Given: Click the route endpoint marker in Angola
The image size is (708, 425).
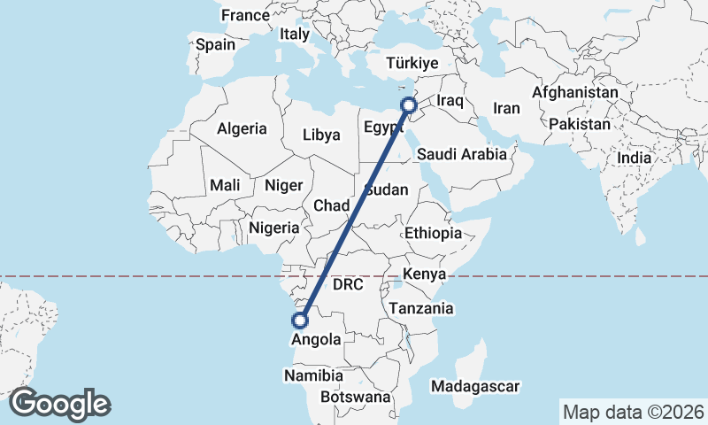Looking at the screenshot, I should [301, 321].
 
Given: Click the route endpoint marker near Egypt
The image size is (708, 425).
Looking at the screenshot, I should [410, 105].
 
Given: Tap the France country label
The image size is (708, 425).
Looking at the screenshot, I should [245, 15].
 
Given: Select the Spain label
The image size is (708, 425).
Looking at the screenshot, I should [216, 44].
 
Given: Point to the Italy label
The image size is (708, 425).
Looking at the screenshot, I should [295, 35].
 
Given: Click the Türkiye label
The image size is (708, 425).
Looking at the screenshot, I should [413, 63].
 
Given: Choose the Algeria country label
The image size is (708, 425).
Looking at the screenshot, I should [242, 128].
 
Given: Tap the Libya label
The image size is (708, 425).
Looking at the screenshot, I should [321, 135].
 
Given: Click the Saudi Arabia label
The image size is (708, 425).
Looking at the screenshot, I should [462, 154].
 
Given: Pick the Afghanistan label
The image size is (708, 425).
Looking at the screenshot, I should [575, 92].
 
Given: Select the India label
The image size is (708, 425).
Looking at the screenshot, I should [635, 158].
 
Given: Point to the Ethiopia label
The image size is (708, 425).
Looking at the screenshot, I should [433, 234].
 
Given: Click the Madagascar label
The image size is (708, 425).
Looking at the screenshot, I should [475, 386].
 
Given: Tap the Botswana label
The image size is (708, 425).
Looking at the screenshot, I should [356, 398].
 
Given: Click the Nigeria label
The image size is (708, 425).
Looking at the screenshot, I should [274, 228].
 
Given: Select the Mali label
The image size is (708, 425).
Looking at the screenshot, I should [225, 186].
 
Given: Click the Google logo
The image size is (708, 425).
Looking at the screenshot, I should [59, 404].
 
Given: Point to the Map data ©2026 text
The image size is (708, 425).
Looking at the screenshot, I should [633, 412].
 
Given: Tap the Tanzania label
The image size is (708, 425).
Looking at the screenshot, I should [421, 309].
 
